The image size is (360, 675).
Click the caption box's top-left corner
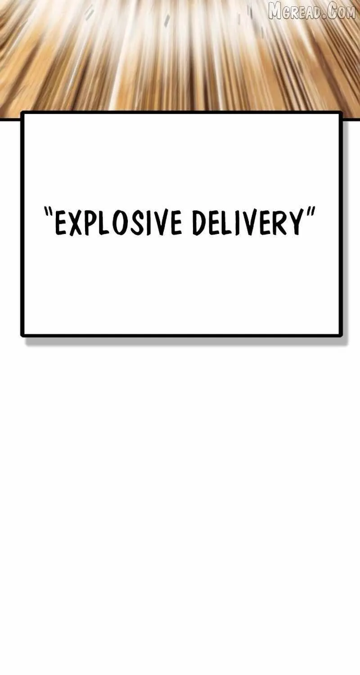(x=22, y=112)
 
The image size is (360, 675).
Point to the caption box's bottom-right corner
(x=341, y=335)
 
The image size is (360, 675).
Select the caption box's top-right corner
(x=341, y=112)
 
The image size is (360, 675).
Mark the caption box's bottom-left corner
(x=22, y=335)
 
